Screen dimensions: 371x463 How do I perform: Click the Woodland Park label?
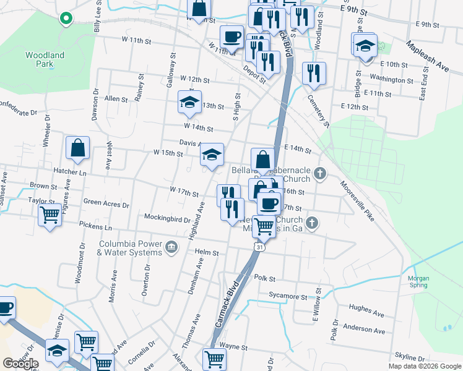click(45, 59)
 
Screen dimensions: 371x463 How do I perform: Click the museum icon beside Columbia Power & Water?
click(171, 249)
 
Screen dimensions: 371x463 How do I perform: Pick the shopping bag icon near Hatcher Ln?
click(78, 148)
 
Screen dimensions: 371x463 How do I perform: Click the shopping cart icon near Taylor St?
click(50, 216)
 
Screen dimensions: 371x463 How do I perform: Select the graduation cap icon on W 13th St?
click(189, 102)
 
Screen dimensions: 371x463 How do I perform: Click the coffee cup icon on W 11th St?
click(231, 37)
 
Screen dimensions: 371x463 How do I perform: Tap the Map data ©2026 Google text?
click(424, 366)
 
